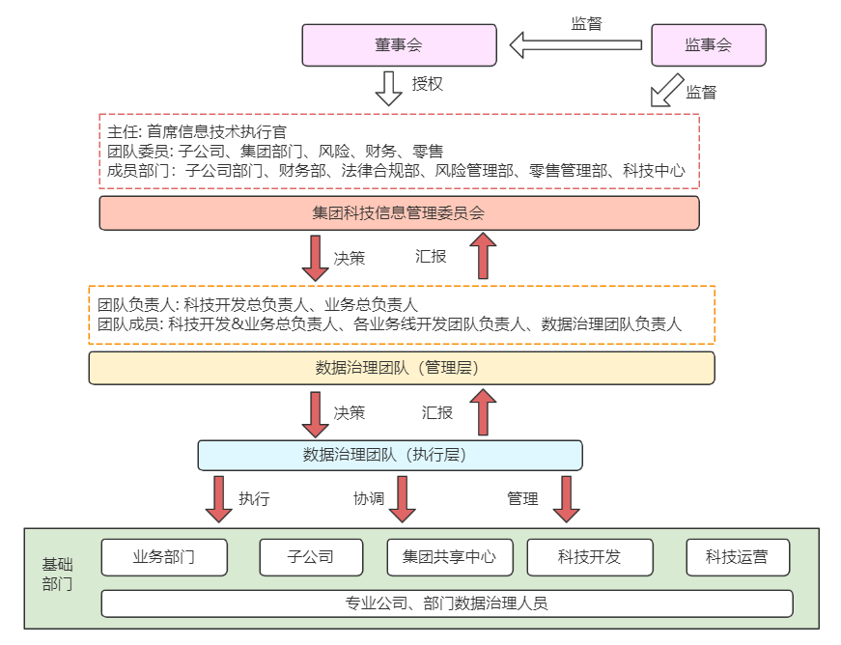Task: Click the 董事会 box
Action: tap(399, 45)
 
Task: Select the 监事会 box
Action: tap(709, 45)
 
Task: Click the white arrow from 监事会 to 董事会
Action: tap(575, 44)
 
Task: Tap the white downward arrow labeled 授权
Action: tap(388, 87)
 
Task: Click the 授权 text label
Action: tap(428, 84)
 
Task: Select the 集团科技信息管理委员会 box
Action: tap(399, 213)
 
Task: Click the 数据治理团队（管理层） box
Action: tap(402, 368)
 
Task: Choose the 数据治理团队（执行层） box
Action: tap(390, 455)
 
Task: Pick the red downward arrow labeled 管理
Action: tap(567, 498)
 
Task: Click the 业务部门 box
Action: tap(164, 557)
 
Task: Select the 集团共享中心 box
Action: tap(450, 557)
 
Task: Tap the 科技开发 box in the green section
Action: tap(589, 557)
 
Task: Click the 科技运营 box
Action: tap(738, 557)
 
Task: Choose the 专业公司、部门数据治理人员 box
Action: tap(446, 603)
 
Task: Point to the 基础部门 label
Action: tap(57, 575)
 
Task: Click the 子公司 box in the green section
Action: tap(311, 557)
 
